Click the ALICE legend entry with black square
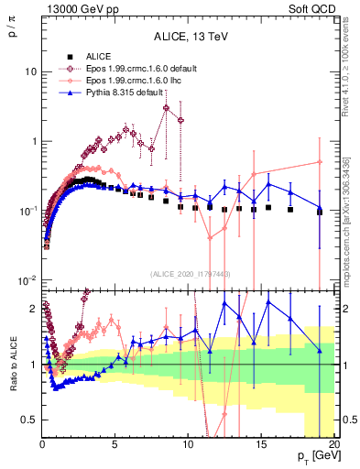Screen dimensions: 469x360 (x=92, y=57)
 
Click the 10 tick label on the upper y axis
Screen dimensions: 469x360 (x=30, y=71)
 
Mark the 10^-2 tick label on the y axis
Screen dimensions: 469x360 (x=27, y=280)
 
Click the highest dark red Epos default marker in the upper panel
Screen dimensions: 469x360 (x=166, y=108)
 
